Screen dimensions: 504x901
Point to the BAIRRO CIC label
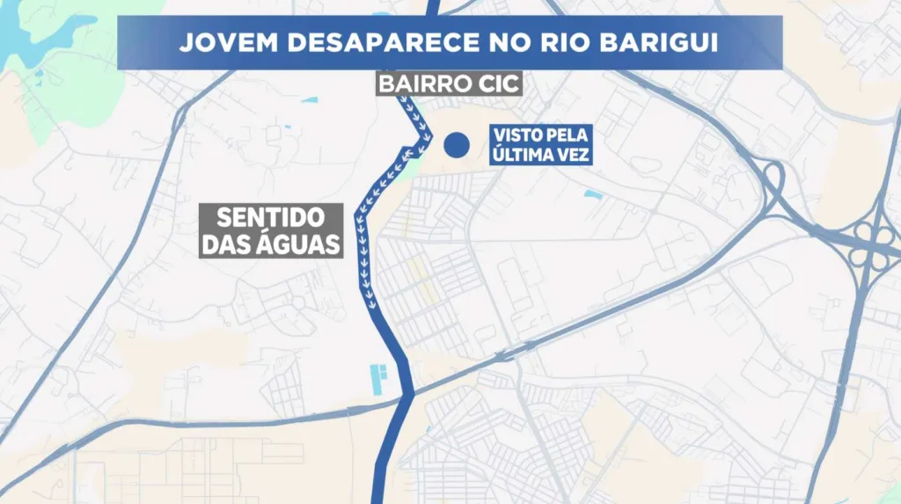tap(449, 84)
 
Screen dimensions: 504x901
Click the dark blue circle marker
tap(455, 144)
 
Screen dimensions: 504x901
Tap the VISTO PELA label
tap(540, 136)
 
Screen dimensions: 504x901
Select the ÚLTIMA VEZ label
tap(540, 155)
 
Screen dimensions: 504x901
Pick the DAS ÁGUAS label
tap(271, 243)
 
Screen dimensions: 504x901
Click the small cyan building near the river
tap(379, 379)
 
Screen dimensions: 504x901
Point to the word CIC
tap(498, 84)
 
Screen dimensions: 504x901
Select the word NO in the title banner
tap(512, 43)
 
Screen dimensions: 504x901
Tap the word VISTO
tap(516, 136)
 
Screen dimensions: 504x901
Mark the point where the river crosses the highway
tap(407, 395)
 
